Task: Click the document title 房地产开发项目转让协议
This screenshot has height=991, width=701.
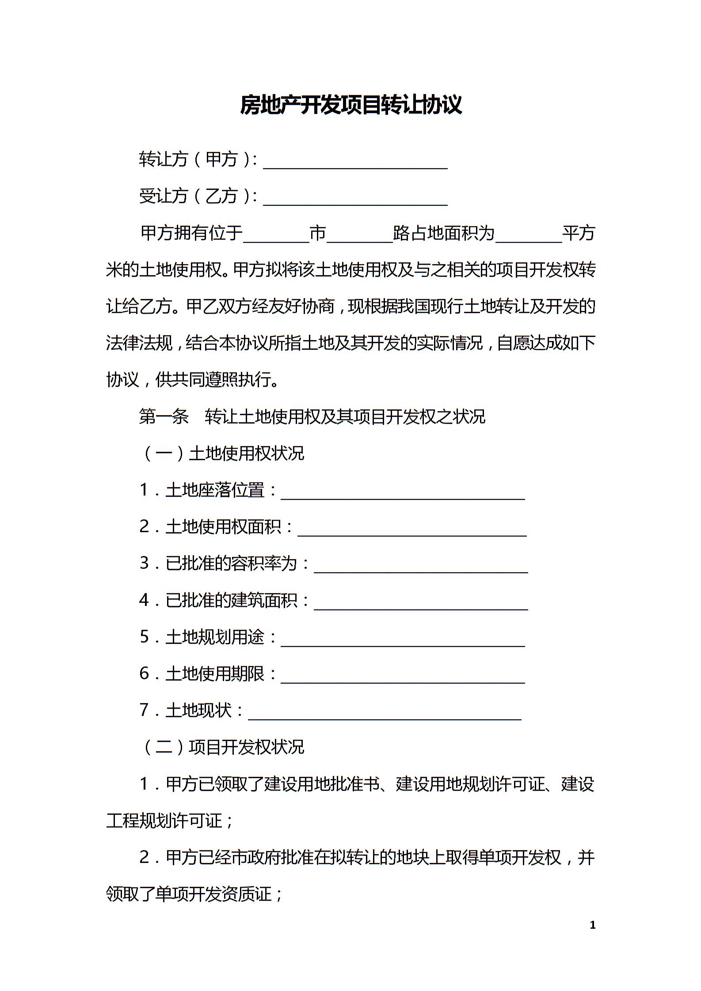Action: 350,105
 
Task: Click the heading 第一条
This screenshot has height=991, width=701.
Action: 164,416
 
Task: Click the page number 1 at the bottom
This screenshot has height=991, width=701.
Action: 593,925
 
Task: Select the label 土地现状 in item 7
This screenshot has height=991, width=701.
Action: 198,710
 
